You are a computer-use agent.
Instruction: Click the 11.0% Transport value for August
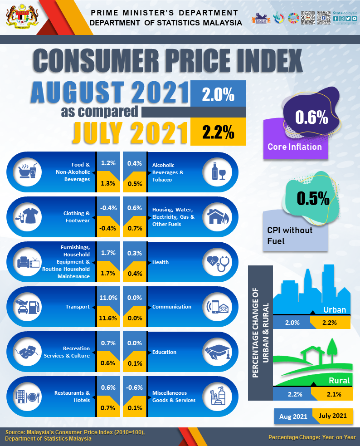pyautogui.click(x=108, y=298)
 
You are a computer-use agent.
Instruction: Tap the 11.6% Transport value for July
pyautogui.click(x=108, y=318)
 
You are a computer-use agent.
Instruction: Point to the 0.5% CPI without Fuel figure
pyautogui.click(x=313, y=198)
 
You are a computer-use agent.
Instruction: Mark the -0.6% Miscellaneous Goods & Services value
pyautogui.click(x=136, y=387)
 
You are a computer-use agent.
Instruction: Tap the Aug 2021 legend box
pyautogui.click(x=293, y=416)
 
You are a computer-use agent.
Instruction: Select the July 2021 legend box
pyautogui.click(x=333, y=416)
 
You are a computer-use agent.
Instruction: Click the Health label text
pyautogui.click(x=161, y=262)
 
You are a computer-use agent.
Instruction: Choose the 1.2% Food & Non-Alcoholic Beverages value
pyautogui.click(x=108, y=163)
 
